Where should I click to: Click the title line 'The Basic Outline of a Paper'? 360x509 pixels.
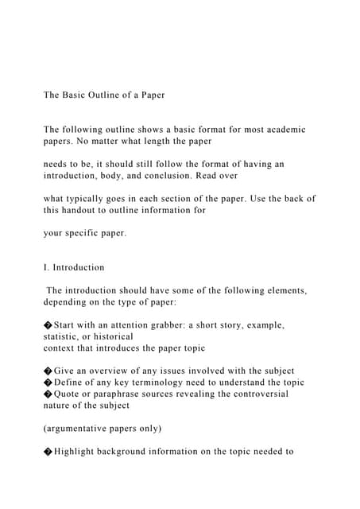pos(103,95)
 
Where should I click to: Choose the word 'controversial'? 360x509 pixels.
pos(255,394)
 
